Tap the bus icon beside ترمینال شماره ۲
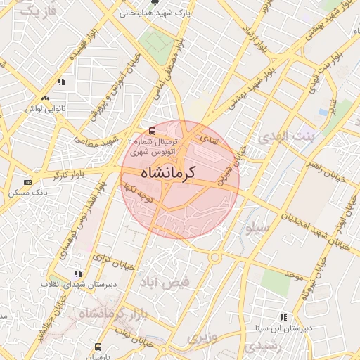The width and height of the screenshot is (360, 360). pos(152,131)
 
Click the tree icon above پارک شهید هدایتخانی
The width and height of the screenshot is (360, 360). pos(155,3)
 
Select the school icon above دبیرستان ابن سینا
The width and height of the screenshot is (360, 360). pos(283,318)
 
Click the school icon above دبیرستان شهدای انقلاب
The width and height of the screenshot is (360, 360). pos(78,274)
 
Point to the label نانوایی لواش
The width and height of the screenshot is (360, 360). pos(45,109)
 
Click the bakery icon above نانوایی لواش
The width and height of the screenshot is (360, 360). pos(46,99)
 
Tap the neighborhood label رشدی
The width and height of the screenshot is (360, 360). pos(262,346)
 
